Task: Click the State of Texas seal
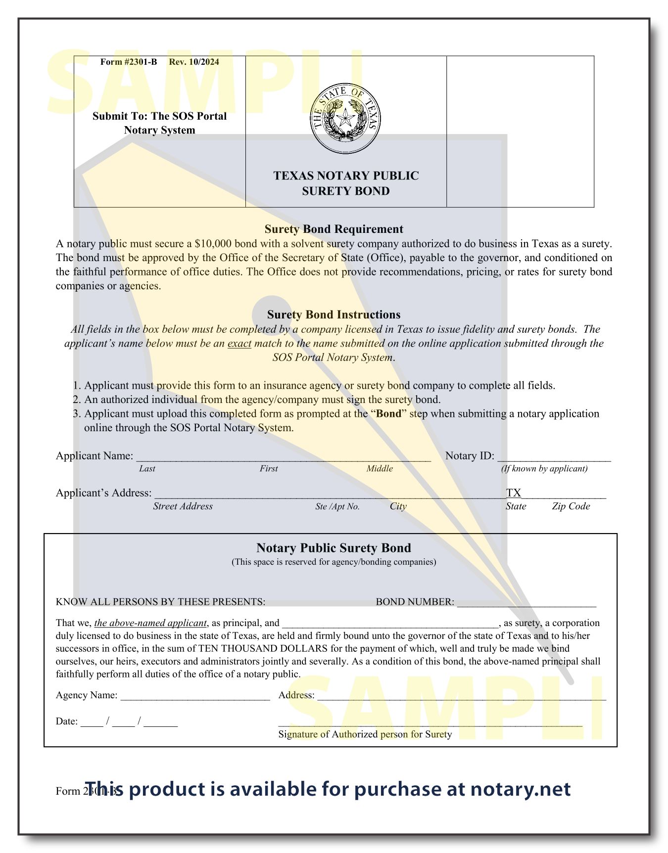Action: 345,119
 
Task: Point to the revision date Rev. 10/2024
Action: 194,62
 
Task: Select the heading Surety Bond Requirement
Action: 334,229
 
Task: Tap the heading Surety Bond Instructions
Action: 334,314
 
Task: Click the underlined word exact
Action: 239,343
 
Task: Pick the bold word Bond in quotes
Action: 388,414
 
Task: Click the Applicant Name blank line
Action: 283,457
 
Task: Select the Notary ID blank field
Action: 554,457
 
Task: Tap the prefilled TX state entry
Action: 514,493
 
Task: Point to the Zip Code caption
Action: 571,506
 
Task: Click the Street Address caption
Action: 183,506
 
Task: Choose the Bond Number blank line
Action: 526,603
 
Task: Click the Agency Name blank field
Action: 195,696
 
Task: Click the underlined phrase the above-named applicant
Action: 150,623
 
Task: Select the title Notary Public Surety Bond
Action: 334,548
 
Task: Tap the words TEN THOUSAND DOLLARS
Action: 263,649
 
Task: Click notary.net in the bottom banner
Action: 521,789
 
